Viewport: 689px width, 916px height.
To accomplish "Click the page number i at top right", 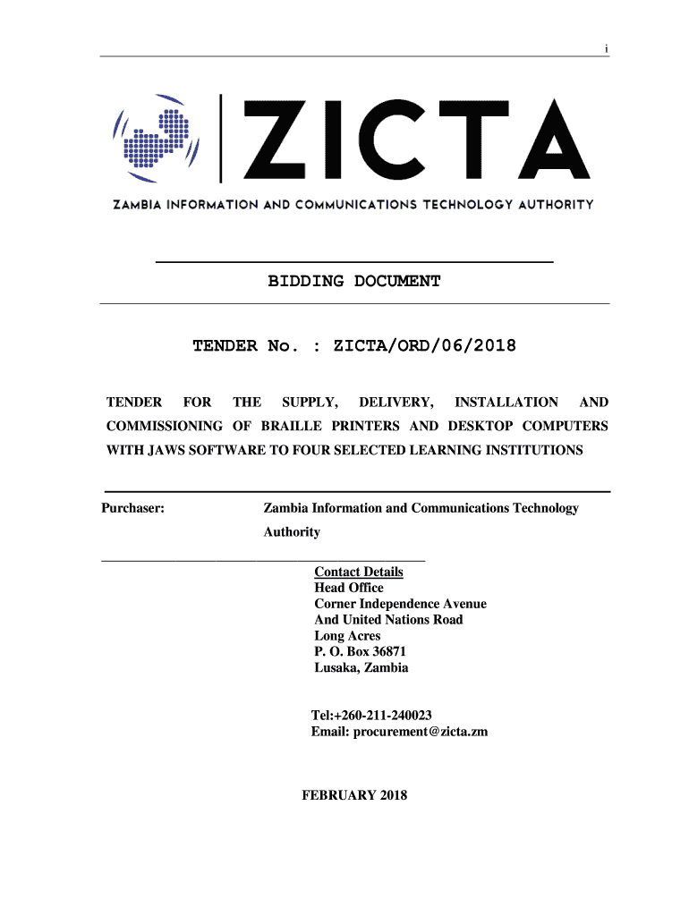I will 606,48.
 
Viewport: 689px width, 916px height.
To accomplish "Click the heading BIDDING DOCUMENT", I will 354,282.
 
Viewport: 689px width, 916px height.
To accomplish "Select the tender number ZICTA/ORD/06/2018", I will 424,345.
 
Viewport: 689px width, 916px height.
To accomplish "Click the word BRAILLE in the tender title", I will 293,426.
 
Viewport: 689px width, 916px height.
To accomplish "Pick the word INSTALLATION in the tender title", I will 506,403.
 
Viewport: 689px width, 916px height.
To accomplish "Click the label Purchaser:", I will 132,508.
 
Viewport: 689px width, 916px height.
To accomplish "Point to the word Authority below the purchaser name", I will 292,532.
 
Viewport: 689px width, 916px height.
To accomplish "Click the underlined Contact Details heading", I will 359,572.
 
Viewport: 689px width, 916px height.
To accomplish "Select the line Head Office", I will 349,588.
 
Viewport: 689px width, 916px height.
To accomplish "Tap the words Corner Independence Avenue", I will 401,604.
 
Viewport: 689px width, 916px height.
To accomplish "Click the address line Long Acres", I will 347,636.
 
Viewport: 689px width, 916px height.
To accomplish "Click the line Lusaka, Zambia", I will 362,668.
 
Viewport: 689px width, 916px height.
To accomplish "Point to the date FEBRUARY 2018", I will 355,794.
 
